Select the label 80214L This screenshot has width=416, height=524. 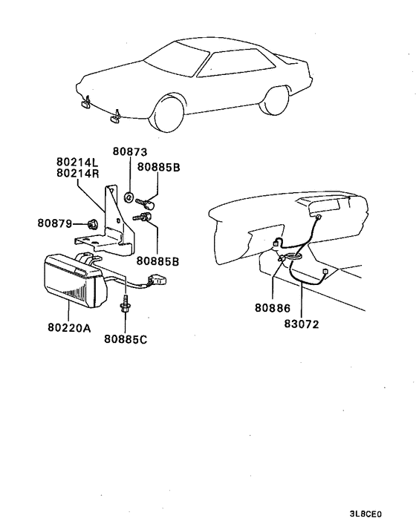[78, 161]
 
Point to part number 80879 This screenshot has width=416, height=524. [56, 222]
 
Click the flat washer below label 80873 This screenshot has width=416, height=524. [129, 197]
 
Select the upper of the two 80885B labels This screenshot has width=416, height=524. [157, 168]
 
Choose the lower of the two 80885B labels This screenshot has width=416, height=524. [157, 261]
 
